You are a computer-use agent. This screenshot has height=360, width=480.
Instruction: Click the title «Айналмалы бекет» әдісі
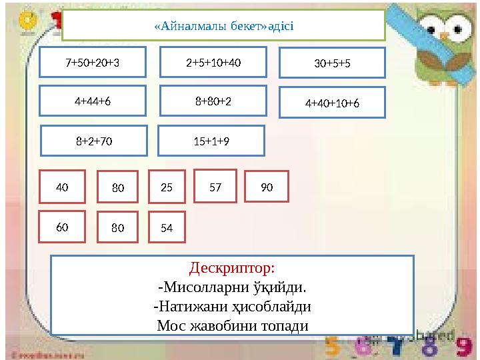tap(223, 26)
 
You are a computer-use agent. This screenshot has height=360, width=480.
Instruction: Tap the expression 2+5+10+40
tap(213, 63)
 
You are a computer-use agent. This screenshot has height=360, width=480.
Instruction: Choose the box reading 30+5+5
tap(332, 63)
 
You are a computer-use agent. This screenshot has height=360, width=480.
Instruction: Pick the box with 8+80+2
tap(213, 101)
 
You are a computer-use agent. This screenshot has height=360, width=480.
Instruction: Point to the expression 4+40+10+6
tap(332, 103)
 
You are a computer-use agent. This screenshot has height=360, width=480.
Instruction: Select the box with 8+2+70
tap(94, 141)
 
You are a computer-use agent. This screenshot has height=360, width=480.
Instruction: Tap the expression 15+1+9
tap(211, 141)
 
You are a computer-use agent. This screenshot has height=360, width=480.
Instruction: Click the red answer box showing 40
tap(62, 187)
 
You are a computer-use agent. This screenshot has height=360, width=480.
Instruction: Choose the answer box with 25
tap(167, 188)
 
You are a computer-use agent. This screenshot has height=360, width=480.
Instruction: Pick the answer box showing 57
tap(215, 187)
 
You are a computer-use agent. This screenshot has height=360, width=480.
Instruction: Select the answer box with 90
tap(267, 187)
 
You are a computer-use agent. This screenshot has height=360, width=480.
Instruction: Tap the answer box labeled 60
tap(62, 227)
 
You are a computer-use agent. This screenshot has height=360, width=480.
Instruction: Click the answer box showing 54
tap(167, 227)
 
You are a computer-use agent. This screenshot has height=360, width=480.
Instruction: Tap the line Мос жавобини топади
tap(232, 326)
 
